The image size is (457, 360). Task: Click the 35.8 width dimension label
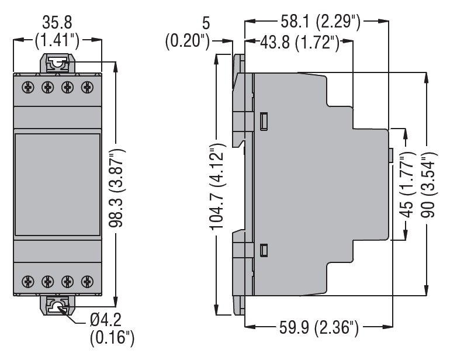point(57,23)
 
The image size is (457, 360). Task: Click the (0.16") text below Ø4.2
point(112,338)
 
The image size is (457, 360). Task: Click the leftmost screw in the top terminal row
point(27,87)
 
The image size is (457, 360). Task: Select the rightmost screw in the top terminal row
point(88,87)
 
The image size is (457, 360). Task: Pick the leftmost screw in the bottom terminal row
point(27,281)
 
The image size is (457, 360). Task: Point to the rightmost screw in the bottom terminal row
point(88,281)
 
